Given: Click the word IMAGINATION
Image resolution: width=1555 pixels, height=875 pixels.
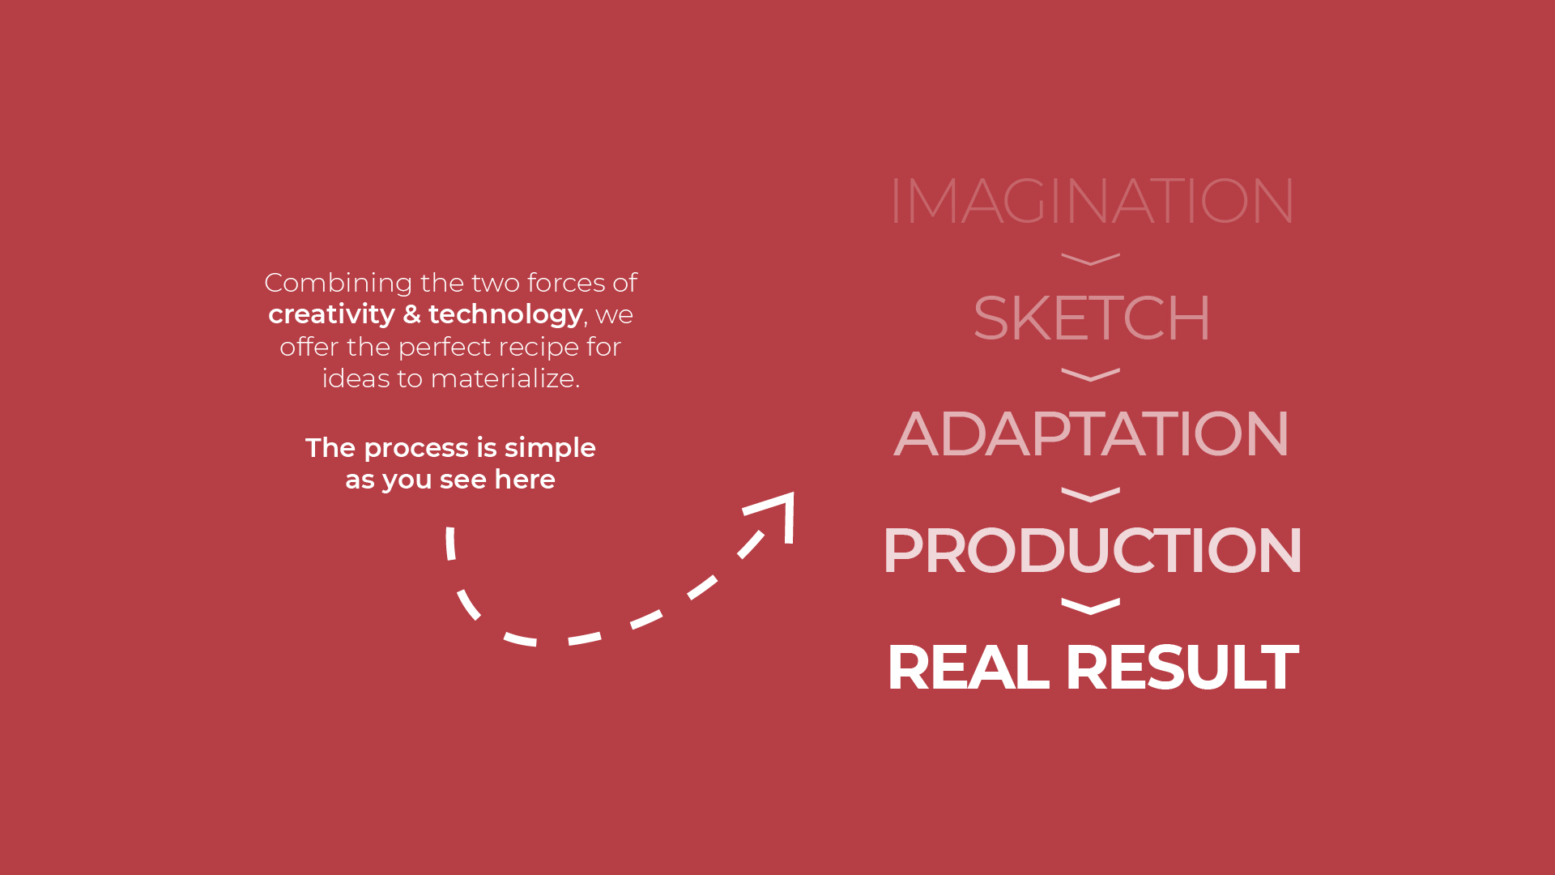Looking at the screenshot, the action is point(1091,201).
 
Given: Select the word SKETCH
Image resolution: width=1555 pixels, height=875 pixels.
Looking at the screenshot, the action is point(1092,318).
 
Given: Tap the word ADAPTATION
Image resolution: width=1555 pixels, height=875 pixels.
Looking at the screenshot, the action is point(1091,433).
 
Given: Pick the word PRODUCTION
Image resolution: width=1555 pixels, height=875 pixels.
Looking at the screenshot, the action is point(1092,550).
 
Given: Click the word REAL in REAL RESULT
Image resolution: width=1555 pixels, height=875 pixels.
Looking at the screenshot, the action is point(968,667).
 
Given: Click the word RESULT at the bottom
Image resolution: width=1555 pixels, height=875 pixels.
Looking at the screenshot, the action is point(1182,667).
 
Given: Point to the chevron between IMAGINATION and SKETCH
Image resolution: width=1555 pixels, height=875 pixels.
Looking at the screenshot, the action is point(1091,259).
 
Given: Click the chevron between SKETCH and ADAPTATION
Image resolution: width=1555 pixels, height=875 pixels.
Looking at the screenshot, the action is point(1091,374).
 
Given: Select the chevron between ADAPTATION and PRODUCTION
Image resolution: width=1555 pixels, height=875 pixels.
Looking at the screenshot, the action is point(1091,494).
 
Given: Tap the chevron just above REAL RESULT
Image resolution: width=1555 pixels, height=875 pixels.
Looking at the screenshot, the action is point(1091,606).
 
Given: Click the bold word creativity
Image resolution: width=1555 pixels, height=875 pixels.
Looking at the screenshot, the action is point(331,314).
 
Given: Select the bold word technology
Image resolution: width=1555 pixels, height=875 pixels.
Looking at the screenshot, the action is point(505,314).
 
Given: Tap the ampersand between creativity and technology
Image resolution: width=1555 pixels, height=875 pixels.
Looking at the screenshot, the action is point(411,314).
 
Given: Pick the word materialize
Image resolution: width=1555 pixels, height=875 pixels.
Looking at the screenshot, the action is point(505,378).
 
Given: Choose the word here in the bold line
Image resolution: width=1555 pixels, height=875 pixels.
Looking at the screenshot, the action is point(525,480).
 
